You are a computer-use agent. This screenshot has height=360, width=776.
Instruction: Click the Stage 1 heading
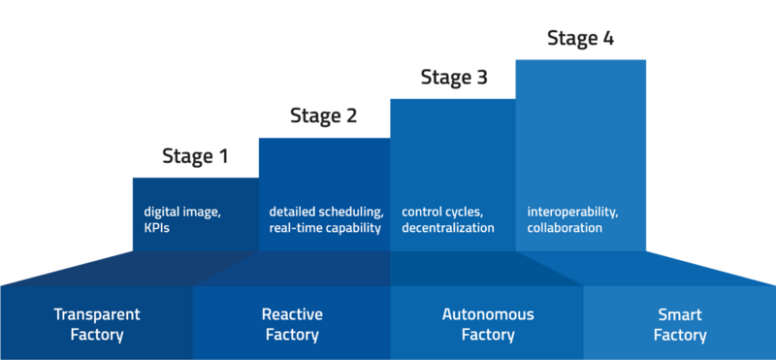pyautogui.click(x=194, y=155)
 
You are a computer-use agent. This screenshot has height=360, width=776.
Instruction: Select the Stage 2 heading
pyautogui.click(x=323, y=116)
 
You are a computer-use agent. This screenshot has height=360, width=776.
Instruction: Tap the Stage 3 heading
pyautogui.click(x=454, y=78)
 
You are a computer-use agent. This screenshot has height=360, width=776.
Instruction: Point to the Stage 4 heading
pyautogui.click(x=580, y=38)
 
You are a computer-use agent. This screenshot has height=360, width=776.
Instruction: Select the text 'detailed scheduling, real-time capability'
pyautogui.click(x=326, y=219)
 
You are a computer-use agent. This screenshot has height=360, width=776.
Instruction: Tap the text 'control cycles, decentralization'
pyautogui.click(x=447, y=219)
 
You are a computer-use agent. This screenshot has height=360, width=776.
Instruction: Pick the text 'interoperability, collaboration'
pyautogui.click(x=572, y=219)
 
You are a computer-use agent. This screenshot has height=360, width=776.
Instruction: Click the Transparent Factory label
pyautogui.click(x=97, y=324)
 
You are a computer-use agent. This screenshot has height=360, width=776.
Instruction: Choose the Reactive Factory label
pyautogui.click(x=292, y=324)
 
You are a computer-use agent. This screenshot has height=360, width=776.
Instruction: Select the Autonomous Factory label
pyautogui.click(x=487, y=324)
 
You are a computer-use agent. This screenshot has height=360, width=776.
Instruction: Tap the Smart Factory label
pyautogui.click(x=679, y=324)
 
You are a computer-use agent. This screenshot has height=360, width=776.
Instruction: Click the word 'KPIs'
pyautogui.click(x=157, y=228)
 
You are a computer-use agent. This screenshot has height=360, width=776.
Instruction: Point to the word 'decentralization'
pyautogui.click(x=447, y=228)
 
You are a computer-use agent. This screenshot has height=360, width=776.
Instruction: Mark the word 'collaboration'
pyautogui.click(x=565, y=228)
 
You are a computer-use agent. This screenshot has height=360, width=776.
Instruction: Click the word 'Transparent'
pyautogui.click(x=97, y=314)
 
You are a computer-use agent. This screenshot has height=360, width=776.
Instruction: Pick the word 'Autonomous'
pyautogui.click(x=487, y=314)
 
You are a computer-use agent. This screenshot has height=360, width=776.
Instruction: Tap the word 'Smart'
pyautogui.click(x=679, y=314)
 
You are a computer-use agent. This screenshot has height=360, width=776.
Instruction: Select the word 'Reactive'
pyautogui.click(x=292, y=314)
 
